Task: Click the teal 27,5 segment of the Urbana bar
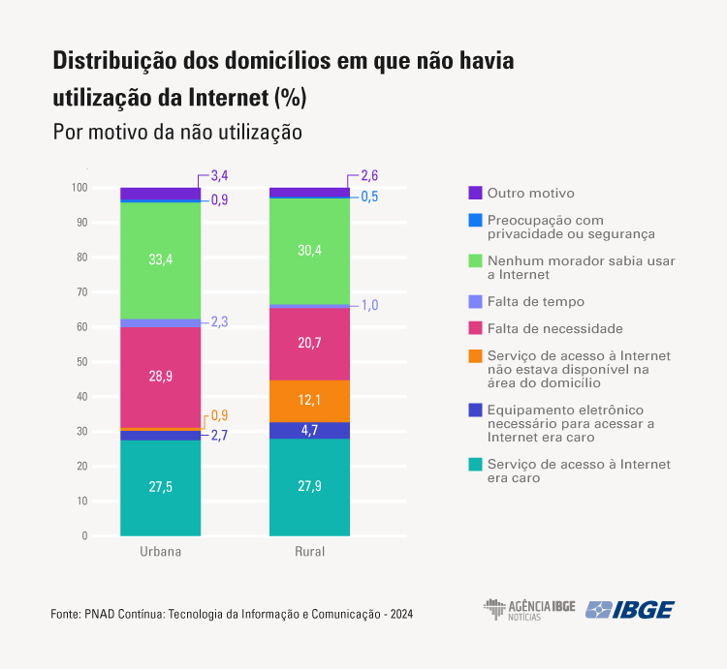click(x=160, y=487)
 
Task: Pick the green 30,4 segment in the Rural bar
click(x=309, y=251)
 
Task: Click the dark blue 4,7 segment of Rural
click(x=309, y=430)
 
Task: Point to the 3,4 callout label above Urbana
click(x=219, y=176)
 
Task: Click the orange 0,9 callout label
click(x=219, y=415)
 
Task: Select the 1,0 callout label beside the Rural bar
click(x=369, y=305)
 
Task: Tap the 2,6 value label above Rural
click(x=369, y=176)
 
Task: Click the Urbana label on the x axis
click(x=160, y=552)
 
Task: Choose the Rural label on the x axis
click(x=309, y=552)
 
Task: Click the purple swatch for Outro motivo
click(x=475, y=193)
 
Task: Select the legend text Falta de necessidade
click(x=555, y=329)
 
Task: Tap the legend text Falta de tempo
click(x=536, y=302)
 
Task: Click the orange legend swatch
click(x=475, y=356)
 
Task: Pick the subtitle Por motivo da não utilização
click(x=177, y=132)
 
